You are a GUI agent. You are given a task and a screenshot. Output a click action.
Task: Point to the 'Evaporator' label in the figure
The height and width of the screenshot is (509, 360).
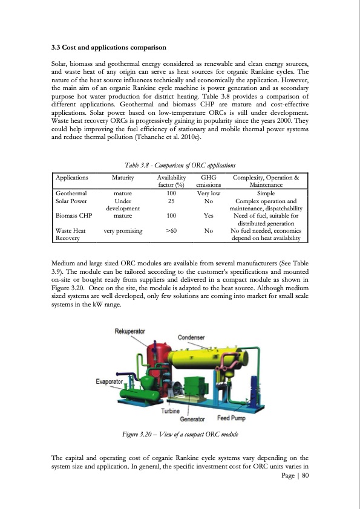pos(110,381)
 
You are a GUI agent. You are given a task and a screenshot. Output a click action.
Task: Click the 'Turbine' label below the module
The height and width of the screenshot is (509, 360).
pos(171,411)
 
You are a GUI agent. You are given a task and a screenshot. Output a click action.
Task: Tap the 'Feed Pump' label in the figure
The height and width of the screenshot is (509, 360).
pos(231,418)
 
